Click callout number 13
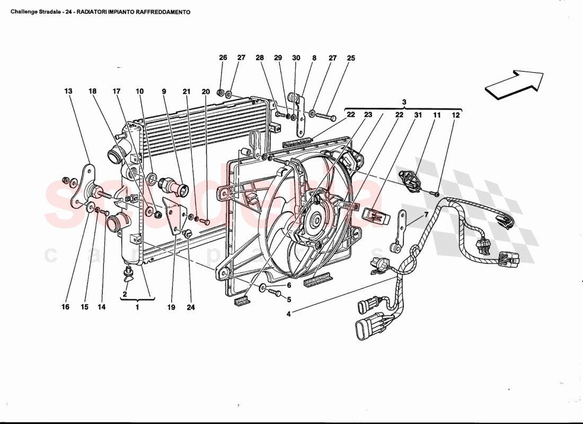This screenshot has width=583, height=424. pos(68,91)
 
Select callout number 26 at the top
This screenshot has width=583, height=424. pos(223,58)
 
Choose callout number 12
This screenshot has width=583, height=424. pos(456,114)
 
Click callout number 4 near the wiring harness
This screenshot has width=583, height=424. pos(289,313)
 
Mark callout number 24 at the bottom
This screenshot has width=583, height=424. pos(191,307)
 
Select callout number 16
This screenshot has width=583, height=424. pos(66,307)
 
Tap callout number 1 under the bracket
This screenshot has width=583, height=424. pos(137,307)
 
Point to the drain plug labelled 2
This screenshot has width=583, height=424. pos(127,273)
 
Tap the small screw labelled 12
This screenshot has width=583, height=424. pos(434,193)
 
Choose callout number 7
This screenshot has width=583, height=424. pos(425,215)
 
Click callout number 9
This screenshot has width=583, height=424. pos(164,91)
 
